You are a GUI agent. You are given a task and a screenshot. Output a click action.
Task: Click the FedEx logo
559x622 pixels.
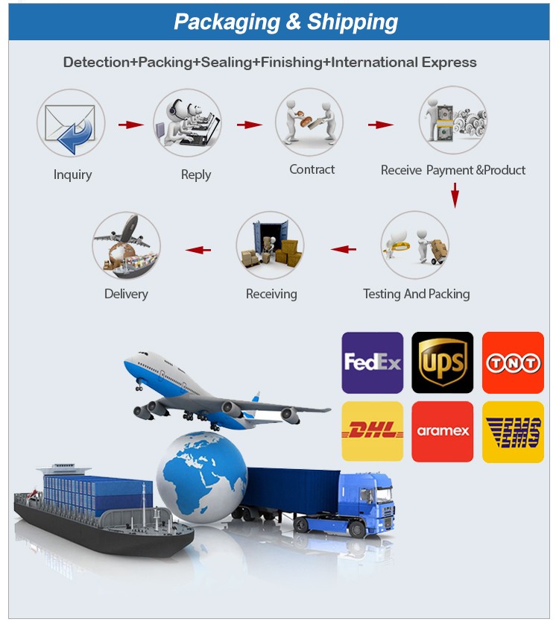pyautogui.click(x=372, y=362)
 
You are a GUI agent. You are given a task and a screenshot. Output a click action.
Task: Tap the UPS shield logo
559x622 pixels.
pyautogui.click(x=442, y=362)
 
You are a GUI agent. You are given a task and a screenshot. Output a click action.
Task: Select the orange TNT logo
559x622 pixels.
pyautogui.click(x=512, y=362)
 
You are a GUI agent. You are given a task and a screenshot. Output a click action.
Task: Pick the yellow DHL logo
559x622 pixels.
pyautogui.click(x=372, y=431)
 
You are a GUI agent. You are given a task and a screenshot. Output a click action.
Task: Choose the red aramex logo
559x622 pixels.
pyautogui.click(x=442, y=431)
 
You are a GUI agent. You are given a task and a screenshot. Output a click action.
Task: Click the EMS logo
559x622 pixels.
pyautogui.click(x=512, y=431)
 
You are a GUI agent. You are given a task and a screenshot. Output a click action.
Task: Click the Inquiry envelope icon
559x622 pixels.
pyautogui.click(x=71, y=123)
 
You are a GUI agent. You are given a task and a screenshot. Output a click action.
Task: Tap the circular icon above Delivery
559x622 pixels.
pyautogui.click(x=126, y=245)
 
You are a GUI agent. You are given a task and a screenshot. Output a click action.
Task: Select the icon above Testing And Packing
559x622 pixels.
pyautogui.click(x=414, y=245)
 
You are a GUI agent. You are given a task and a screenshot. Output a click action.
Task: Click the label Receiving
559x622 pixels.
pyautogui.click(x=271, y=294)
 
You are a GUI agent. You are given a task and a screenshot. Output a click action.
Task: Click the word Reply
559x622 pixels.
pyautogui.click(x=196, y=175)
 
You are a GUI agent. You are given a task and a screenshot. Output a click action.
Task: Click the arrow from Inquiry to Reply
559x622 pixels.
pyautogui.click(x=130, y=125)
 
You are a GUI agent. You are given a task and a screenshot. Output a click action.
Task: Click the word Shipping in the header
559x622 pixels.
pyautogui.click(x=353, y=22)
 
